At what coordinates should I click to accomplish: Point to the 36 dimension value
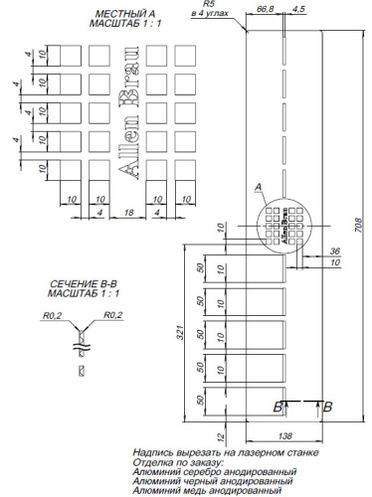335,250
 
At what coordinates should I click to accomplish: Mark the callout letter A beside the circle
258,187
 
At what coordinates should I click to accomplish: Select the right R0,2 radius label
112,315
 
